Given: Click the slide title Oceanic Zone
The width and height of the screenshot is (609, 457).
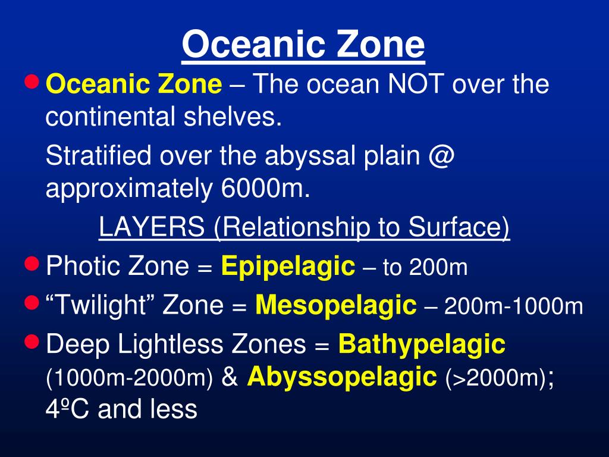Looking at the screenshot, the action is [303, 44].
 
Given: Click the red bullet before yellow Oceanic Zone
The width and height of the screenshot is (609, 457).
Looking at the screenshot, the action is [32, 82].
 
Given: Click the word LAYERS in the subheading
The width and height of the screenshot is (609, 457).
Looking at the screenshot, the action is [152, 227].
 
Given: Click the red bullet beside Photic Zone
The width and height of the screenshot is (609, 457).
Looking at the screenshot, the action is [32, 264].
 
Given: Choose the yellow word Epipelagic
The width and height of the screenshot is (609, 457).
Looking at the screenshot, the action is [288, 267].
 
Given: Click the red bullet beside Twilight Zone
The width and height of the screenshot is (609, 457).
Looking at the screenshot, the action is [32, 302].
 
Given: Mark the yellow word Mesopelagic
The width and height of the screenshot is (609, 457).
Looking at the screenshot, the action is [336, 305].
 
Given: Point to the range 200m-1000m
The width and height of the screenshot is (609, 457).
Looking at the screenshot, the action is [513, 306].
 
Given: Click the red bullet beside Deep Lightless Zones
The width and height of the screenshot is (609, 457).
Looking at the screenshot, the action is [32, 342].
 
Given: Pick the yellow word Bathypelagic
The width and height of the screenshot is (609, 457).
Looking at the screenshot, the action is [422, 345].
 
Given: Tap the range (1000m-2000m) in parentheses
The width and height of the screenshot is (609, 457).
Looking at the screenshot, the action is [129, 378].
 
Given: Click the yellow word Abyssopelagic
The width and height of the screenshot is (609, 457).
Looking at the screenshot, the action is [342, 377].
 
